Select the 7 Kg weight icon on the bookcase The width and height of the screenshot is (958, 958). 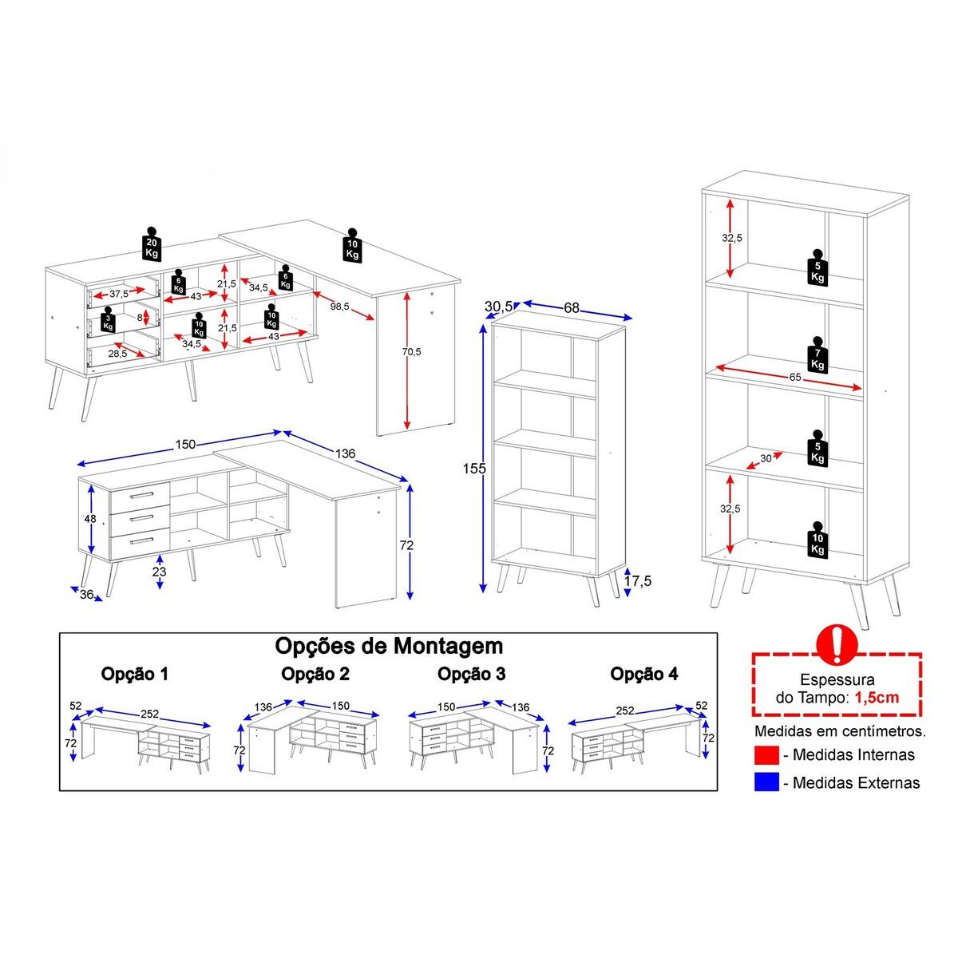pyautogui.click(x=817, y=355)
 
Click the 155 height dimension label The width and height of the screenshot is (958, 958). pyautogui.click(x=474, y=469)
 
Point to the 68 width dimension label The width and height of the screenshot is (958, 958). pyautogui.click(x=572, y=308)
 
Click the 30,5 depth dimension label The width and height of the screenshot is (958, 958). pyautogui.click(x=499, y=307)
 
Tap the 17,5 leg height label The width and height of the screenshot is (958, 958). pyautogui.click(x=638, y=580)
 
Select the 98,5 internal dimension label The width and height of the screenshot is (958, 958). pyautogui.click(x=340, y=307)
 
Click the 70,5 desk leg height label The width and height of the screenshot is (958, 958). pyautogui.click(x=412, y=351)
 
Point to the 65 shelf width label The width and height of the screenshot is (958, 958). pyautogui.click(x=795, y=378)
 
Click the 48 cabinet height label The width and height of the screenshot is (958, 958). pyautogui.click(x=90, y=519)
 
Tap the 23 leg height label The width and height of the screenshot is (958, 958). pyautogui.click(x=159, y=572)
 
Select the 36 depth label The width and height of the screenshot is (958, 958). pyautogui.click(x=86, y=594)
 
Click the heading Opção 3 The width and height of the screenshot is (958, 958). pyautogui.click(x=471, y=674)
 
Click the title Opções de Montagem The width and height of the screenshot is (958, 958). pyautogui.click(x=389, y=647)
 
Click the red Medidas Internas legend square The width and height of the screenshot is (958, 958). pyautogui.click(x=766, y=754)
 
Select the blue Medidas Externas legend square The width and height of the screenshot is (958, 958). pyautogui.click(x=766, y=782)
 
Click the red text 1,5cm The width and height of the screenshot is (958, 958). pyautogui.click(x=877, y=697)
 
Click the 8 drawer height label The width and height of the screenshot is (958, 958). pyautogui.click(x=141, y=317)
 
